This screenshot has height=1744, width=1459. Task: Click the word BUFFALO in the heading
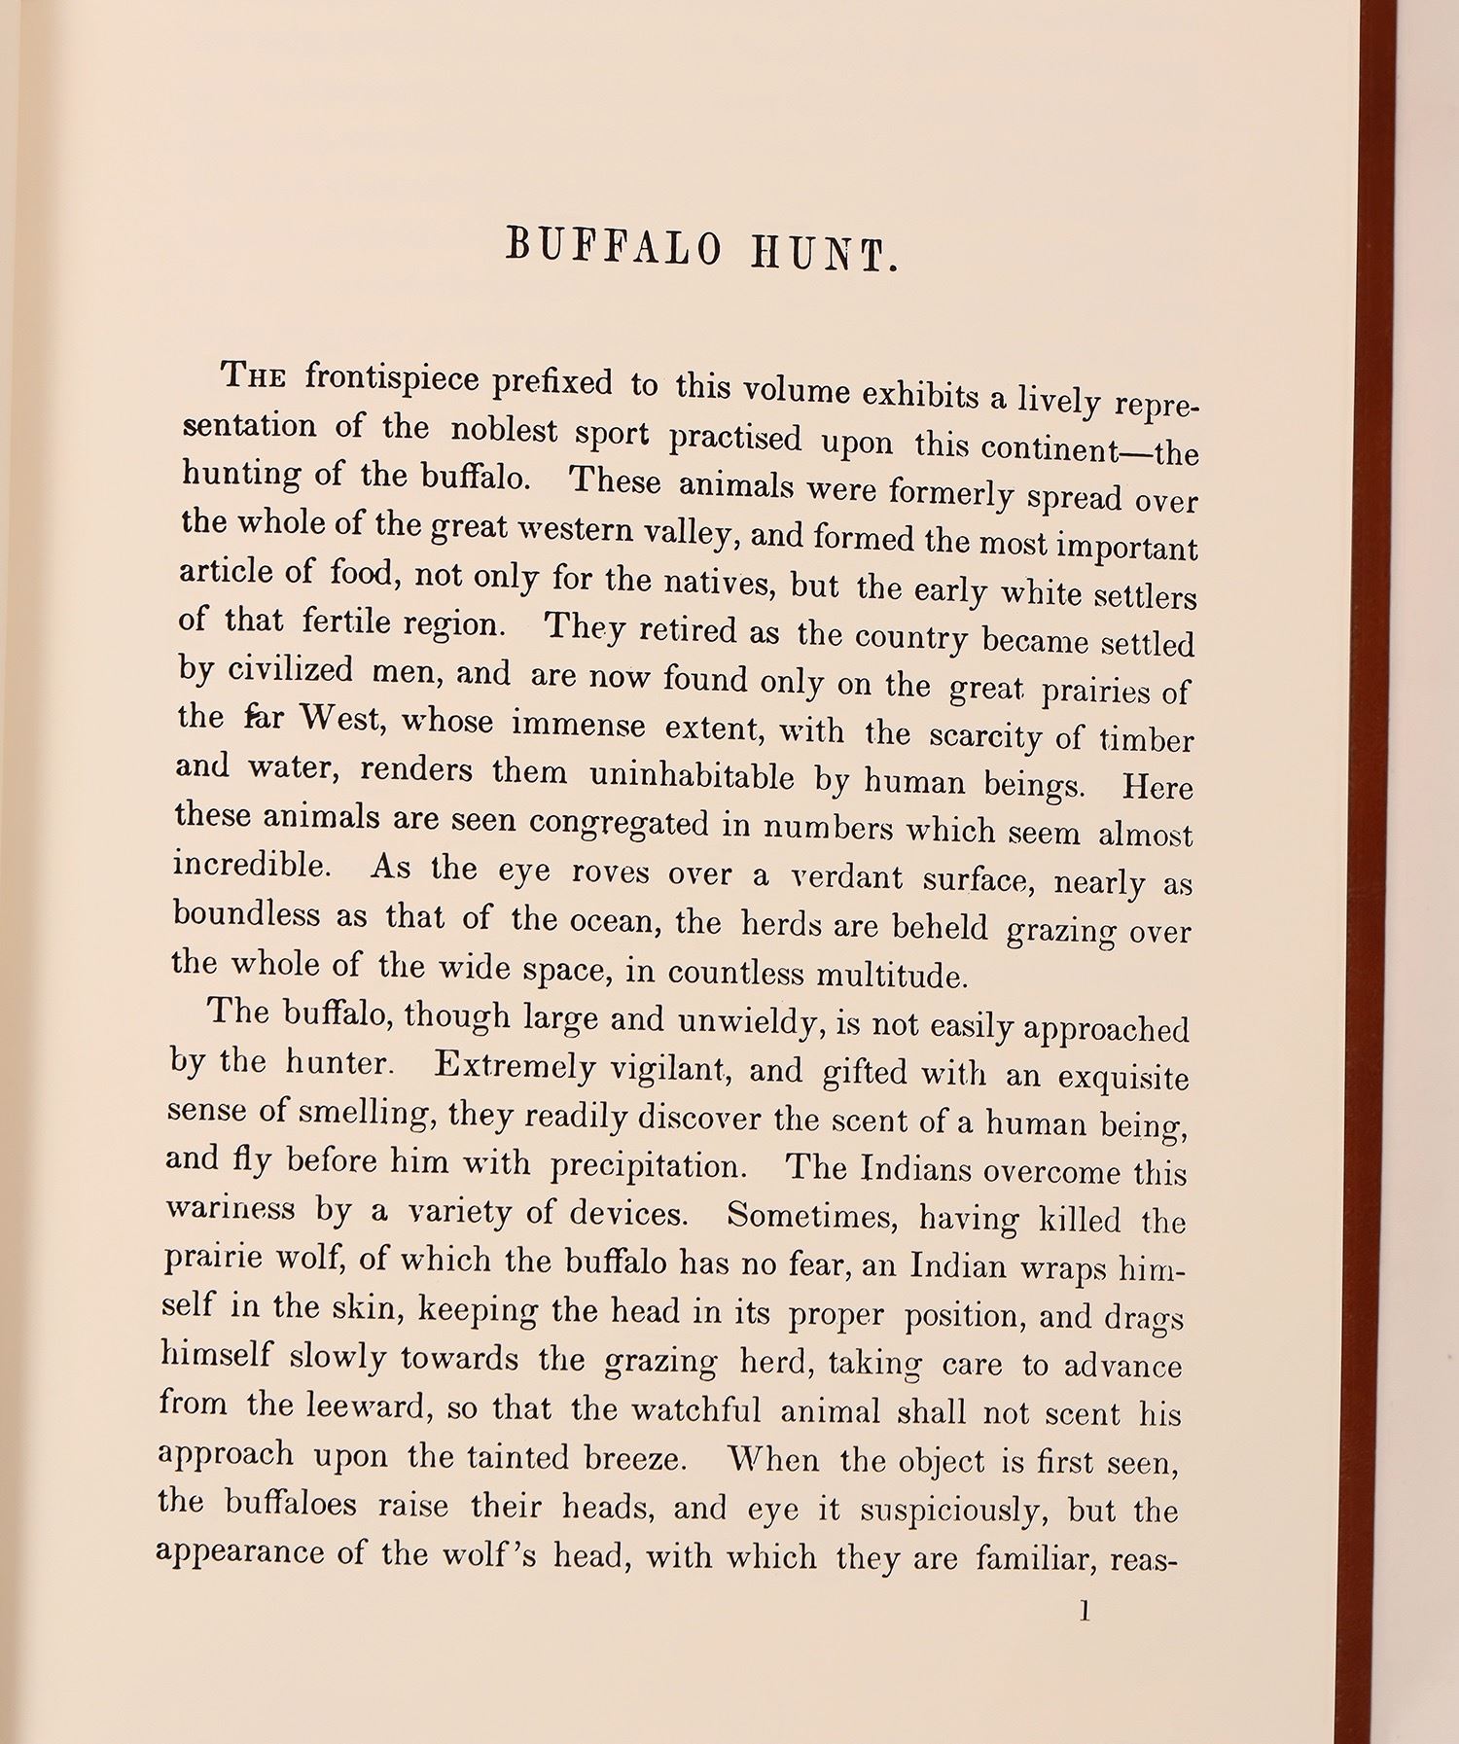(x=614, y=247)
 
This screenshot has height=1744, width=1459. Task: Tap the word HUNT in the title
(x=824, y=255)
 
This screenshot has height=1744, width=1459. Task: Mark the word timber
(x=1146, y=740)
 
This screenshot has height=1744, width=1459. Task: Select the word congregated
(x=620, y=822)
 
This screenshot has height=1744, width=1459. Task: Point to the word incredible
(x=250, y=863)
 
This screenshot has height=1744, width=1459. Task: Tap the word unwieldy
(x=745, y=1020)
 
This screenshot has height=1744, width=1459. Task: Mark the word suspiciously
(x=950, y=1509)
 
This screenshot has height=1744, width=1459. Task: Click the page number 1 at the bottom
(x=1085, y=1612)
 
